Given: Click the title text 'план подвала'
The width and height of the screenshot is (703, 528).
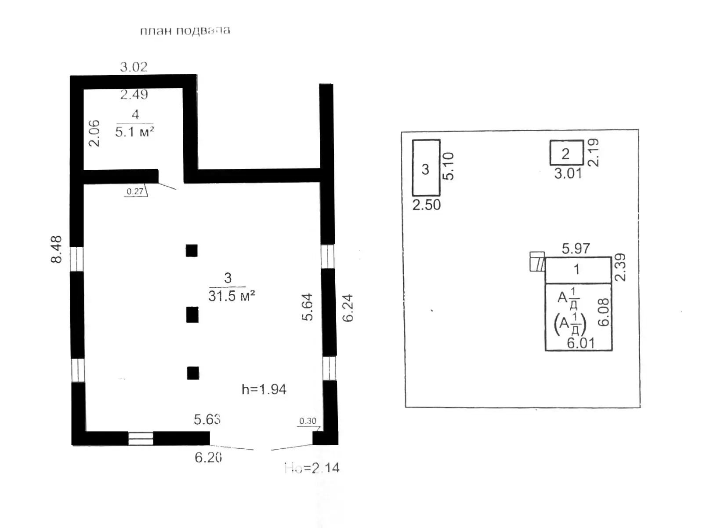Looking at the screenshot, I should pyautogui.click(x=185, y=31).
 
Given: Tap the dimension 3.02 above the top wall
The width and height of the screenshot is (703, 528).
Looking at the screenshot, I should pyautogui.click(x=134, y=67).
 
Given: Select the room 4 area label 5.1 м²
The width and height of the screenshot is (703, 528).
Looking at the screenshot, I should pyautogui.click(x=134, y=132).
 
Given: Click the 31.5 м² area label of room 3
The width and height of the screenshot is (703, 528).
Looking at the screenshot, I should pyautogui.click(x=232, y=296).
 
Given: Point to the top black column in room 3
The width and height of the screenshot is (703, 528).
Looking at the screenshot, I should pyautogui.click(x=192, y=250).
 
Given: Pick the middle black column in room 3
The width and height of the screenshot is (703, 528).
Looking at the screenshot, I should pyautogui.click(x=192, y=315).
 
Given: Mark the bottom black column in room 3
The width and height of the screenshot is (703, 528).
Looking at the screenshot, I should pyautogui.click(x=193, y=373).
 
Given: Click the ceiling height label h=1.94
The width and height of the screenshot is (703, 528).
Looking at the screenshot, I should pyautogui.click(x=264, y=389).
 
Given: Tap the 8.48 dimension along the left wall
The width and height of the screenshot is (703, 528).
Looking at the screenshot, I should pyautogui.click(x=57, y=249).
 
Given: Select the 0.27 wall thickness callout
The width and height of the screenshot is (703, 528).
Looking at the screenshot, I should pyautogui.click(x=135, y=191).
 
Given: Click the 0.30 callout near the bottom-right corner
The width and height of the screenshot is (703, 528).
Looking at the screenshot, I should pyautogui.click(x=308, y=421).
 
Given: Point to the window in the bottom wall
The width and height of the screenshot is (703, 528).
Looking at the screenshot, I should pyautogui.click(x=141, y=439).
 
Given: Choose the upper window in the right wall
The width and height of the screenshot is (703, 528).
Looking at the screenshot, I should pyautogui.click(x=327, y=257).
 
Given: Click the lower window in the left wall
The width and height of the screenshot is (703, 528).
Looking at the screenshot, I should pyautogui.click(x=77, y=370).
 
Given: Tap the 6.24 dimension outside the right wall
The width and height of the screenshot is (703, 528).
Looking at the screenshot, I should pyautogui.click(x=348, y=308).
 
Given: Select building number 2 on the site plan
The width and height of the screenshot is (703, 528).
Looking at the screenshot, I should pyautogui.click(x=566, y=153).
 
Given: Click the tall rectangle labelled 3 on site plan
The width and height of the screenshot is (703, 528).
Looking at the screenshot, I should pyautogui.click(x=426, y=168).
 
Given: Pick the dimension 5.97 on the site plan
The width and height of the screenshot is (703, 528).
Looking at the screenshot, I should pyautogui.click(x=576, y=249).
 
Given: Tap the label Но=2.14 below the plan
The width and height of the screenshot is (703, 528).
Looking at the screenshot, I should pyautogui.click(x=312, y=468).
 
